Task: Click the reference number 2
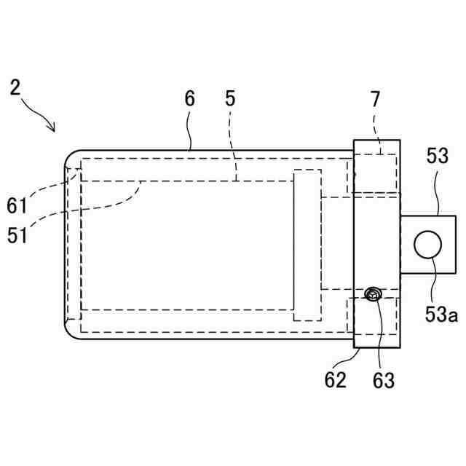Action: pos(15,88)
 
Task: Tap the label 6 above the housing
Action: pos(189,99)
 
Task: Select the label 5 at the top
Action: pos(230,99)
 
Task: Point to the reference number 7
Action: pos(374,99)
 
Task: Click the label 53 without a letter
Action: pos(438,157)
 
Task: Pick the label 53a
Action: pos(442,315)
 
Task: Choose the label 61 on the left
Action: pos(17,206)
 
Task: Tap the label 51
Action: pos(17,235)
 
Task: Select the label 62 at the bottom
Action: pos(336,379)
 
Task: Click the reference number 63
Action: pos(383,379)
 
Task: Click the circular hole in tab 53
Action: pos(428,245)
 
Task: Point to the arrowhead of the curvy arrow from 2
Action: pos(52,129)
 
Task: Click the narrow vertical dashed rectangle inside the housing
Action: pos(307,245)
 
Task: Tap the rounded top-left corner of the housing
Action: pos(69,156)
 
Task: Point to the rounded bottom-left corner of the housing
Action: pos(69,331)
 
